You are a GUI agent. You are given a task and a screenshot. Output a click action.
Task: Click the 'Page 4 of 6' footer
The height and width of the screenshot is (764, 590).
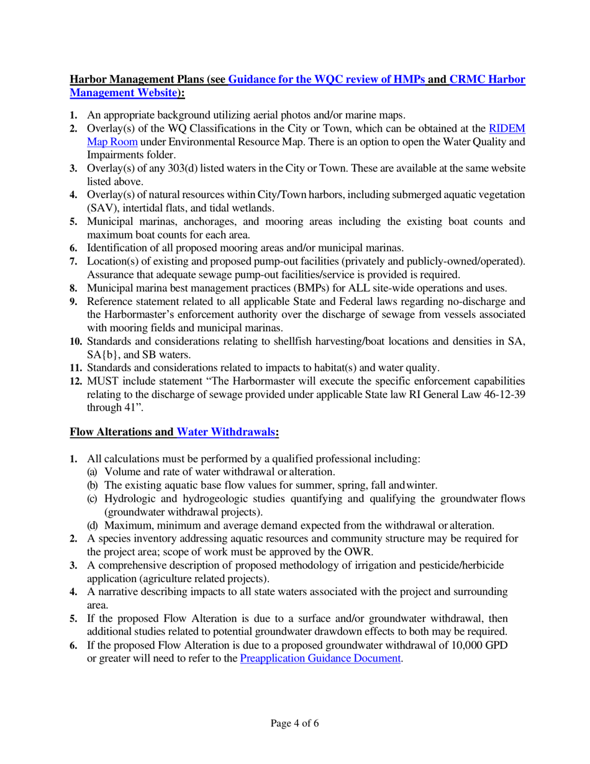[295, 723]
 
